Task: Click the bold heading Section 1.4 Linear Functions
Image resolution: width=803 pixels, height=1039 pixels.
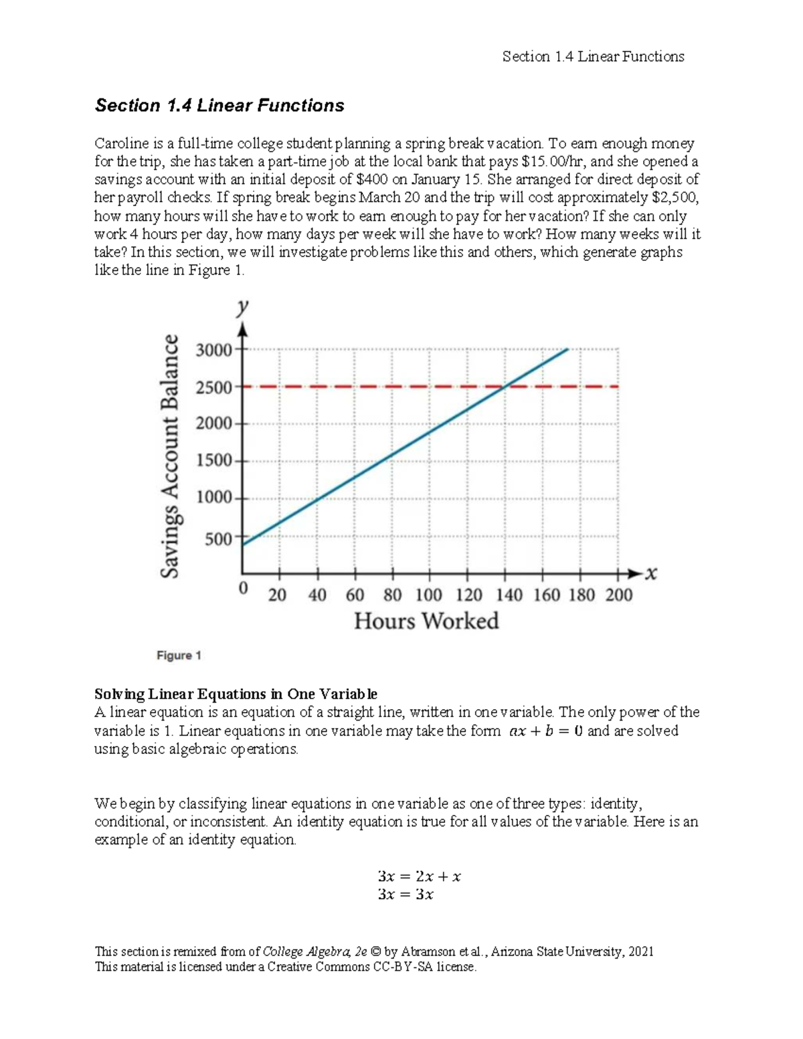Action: (x=219, y=106)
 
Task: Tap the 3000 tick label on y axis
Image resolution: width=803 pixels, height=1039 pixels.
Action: (x=213, y=350)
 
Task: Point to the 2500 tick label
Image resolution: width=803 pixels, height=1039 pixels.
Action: (x=213, y=387)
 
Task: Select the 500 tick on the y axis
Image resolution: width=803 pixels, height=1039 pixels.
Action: (x=218, y=539)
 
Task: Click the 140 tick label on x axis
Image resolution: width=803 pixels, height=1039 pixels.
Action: (x=509, y=595)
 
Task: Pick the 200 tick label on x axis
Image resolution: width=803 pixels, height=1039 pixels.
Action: (x=618, y=595)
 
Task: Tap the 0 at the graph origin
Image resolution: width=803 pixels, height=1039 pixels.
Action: (x=243, y=588)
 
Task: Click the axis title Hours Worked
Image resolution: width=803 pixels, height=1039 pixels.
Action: (x=426, y=621)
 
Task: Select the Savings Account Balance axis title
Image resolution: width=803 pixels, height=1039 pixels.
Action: (x=171, y=456)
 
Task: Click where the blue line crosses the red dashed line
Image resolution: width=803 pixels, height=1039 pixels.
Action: (x=507, y=386)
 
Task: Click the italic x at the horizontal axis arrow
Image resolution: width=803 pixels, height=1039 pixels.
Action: (x=651, y=573)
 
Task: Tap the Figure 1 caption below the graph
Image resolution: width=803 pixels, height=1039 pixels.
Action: (x=179, y=656)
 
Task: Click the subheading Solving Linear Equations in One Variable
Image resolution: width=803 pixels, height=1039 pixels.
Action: (x=236, y=694)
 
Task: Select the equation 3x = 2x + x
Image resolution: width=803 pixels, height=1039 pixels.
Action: (x=419, y=876)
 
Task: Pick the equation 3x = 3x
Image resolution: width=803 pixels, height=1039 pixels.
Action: (x=406, y=895)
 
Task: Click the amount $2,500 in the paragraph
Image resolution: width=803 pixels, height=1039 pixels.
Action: (x=674, y=198)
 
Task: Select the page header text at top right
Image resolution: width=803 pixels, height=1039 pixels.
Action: (x=593, y=57)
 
